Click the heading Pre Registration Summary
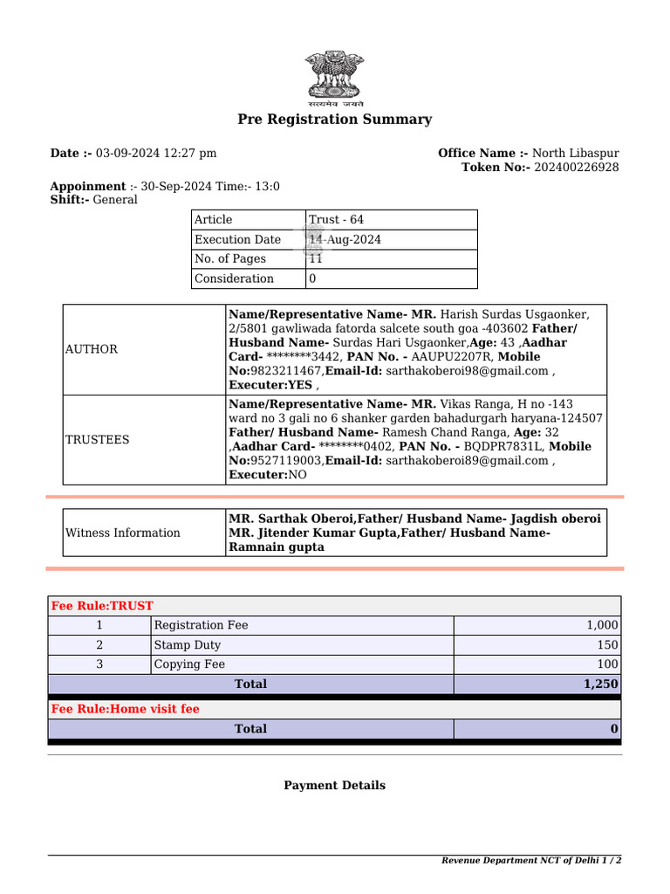tap(335, 120)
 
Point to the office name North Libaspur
tap(575, 154)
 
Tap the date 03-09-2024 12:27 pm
tap(156, 154)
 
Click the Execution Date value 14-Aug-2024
tap(345, 239)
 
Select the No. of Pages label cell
tap(230, 259)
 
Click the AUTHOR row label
tap(92, 349)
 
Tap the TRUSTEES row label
tap(97, 440)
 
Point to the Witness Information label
tap(123, 533)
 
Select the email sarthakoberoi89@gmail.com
tap(467, 461)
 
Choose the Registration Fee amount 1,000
tap(602, 625)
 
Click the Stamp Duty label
tap(187, 645)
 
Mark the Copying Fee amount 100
tap(607, 664)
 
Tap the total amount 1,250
tap(601, 684)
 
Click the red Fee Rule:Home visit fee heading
tap(126, 709)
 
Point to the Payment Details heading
tap(334, 786)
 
